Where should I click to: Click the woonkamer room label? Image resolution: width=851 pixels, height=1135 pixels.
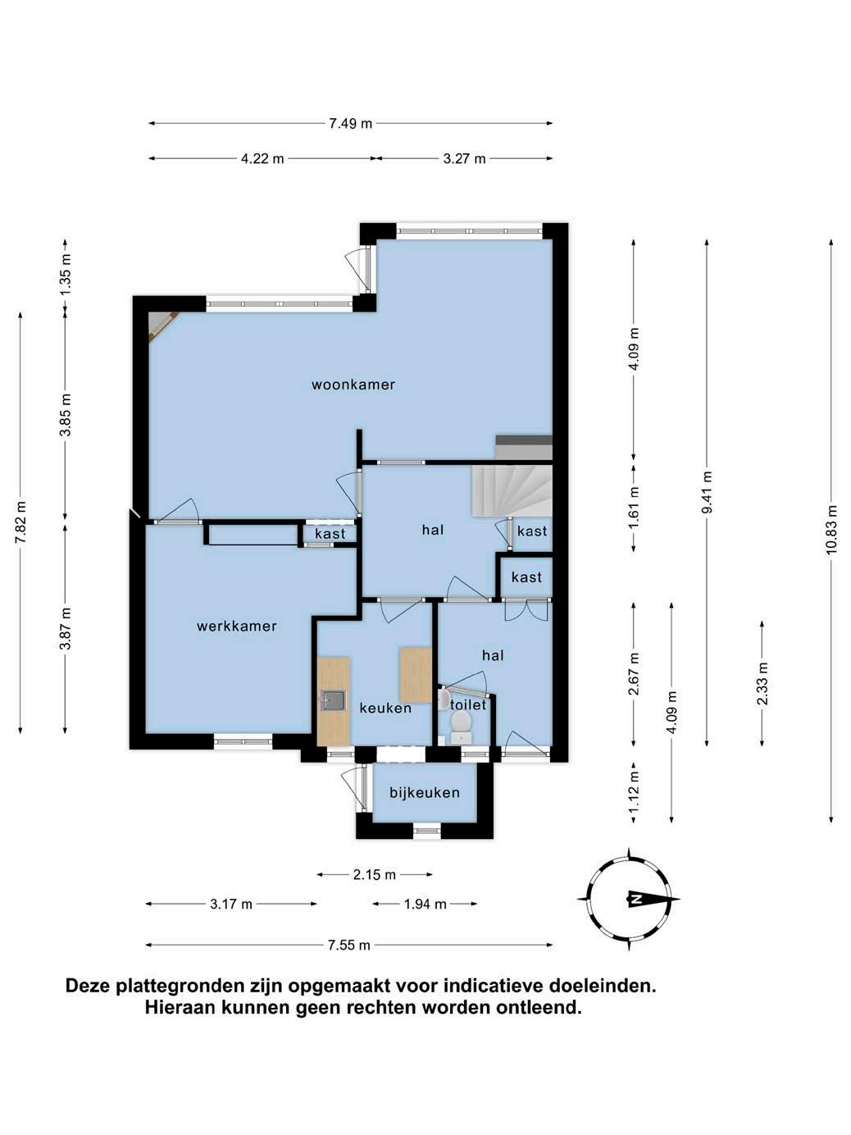[x=353, y=385]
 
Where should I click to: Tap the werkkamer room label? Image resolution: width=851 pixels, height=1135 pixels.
[x=237, y=627]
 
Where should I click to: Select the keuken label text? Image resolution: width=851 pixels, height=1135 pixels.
[x=385, y=708]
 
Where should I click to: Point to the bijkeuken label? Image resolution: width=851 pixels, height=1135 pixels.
[x=425, y=793]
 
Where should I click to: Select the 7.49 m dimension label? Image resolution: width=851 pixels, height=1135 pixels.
[x=351, y=124]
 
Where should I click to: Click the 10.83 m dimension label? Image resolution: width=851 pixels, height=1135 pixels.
[x=831, y=529]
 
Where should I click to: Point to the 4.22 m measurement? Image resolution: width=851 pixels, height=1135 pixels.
[x=262, y=159]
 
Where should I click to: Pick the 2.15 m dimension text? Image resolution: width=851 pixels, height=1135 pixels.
[x=374, y=874]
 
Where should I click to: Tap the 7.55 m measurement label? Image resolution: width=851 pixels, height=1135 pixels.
[x=349, y=946]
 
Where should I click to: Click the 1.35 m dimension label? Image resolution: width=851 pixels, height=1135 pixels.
[x=66, y=275]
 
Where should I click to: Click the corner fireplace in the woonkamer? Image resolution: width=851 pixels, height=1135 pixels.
[x=160, y=323]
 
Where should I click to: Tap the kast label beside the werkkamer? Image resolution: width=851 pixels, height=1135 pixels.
[x=330, y=534]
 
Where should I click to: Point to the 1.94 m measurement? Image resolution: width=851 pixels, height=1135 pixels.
[x=425, y=904]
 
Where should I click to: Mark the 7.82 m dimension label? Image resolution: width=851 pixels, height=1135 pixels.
[x=20, y=522]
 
